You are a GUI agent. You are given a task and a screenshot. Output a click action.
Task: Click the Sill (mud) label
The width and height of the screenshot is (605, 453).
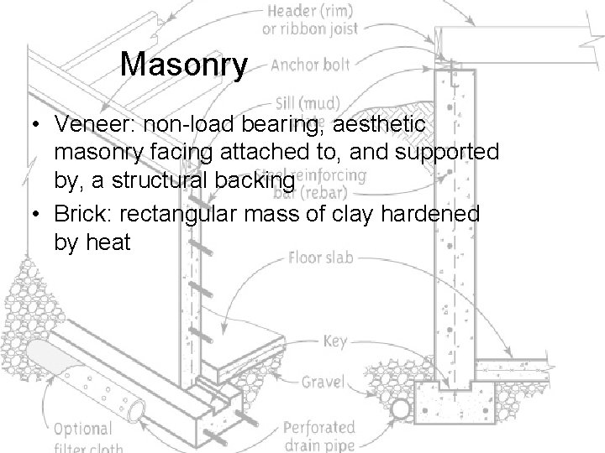click(x=305, y=104)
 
